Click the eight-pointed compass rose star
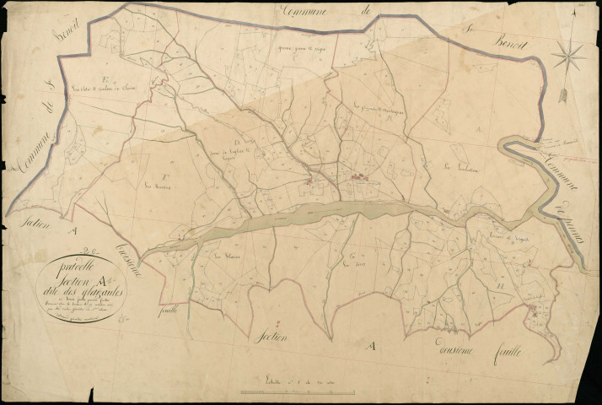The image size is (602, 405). click(568, 55)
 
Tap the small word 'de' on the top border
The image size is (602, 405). click(366, 11)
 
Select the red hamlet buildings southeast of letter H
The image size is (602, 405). click(533, 315)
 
